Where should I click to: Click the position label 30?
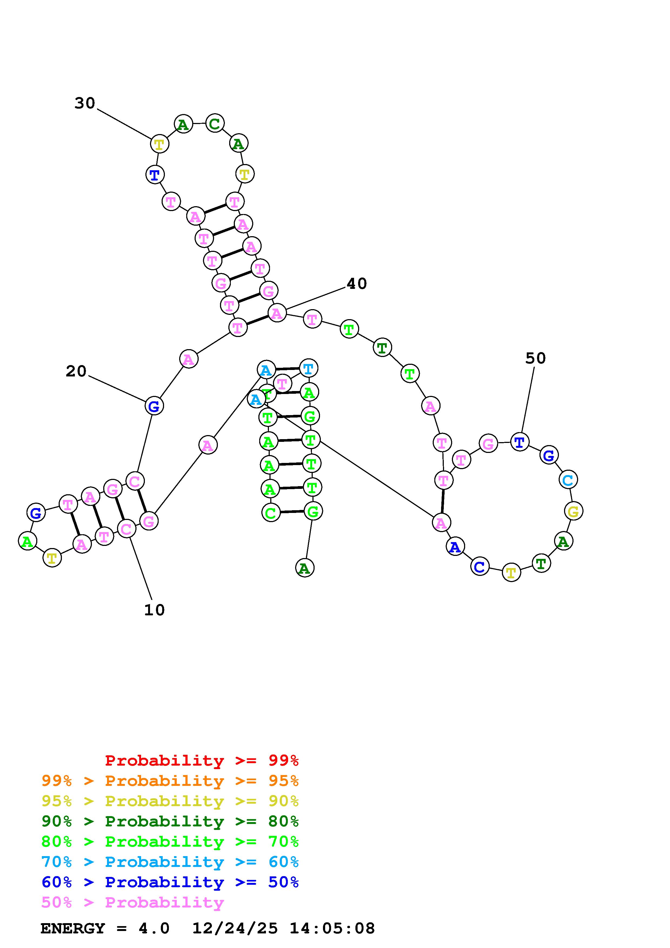(85, 103)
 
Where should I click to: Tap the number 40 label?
(356, 284)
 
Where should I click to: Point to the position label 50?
(535, 358)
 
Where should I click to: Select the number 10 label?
(154, 610)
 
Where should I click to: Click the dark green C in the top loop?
(215, 123)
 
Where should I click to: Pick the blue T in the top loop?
(155, 174)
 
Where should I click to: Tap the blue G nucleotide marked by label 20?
(154, 406)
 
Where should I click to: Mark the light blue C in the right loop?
(568, 479)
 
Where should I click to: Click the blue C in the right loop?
(479, 566)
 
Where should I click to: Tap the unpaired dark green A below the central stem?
(305, 568)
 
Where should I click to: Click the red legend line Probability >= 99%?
(201, 760)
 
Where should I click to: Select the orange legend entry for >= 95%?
(170, 781)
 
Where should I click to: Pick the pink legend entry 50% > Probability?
(132, 902)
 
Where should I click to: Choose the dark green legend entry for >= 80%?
(170, 821)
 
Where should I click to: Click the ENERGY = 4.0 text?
(105, 928)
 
